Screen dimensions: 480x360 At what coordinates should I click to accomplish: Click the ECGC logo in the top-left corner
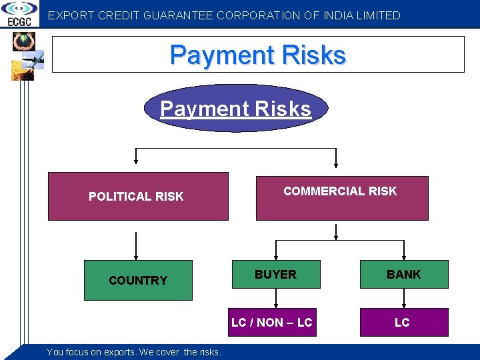[x=19, y=13]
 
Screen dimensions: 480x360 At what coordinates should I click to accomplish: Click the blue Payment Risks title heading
[x=258, y=55]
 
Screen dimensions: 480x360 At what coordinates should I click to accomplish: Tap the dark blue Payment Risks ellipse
[x=236, y=108]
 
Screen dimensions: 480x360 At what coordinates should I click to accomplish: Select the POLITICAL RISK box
[x=137, y=196]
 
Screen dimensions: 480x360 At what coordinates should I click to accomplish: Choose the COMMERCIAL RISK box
[x=341, y=197]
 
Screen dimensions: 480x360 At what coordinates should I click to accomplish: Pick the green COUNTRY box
[x=138, y=280]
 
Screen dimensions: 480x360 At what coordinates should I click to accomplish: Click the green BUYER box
[x=276, y=274]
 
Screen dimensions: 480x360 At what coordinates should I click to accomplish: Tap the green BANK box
[x=404, y=274]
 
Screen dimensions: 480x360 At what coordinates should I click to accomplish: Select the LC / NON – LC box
[x=272, y=323]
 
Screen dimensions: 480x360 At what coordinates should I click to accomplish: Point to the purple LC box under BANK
[x=402, y=323]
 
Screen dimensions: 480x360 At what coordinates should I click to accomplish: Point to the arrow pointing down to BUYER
[x=276, y=249]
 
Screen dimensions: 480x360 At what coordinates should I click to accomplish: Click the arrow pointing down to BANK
[x=404, y=249]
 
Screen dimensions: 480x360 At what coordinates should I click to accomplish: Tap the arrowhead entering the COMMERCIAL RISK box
[x=337, y=162]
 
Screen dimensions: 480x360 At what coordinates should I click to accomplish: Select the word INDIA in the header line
[x=340, y=15]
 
